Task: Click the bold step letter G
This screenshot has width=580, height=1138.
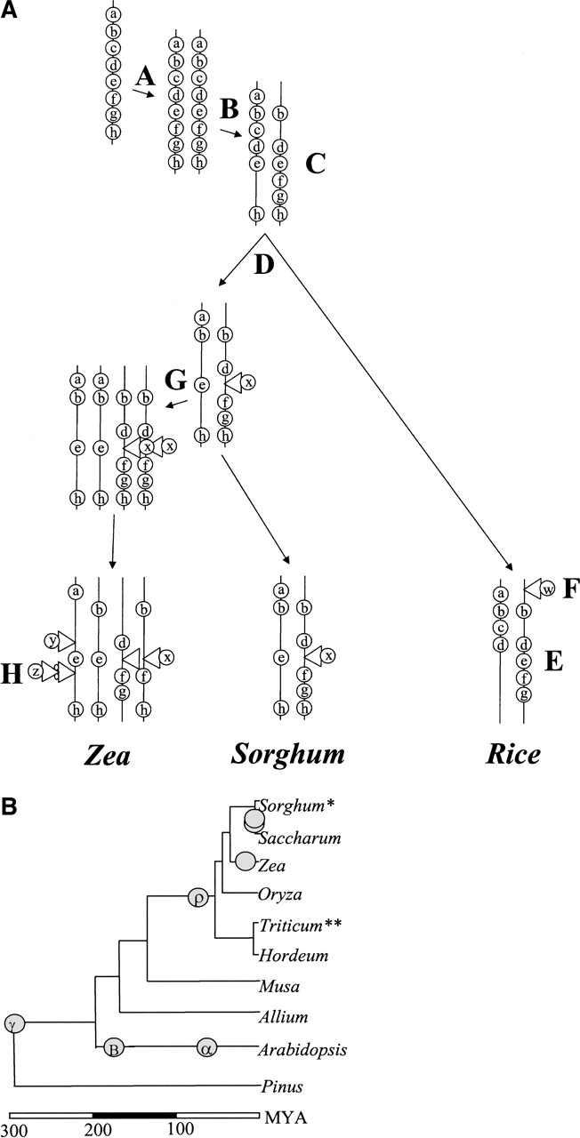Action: click(175, 381)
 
